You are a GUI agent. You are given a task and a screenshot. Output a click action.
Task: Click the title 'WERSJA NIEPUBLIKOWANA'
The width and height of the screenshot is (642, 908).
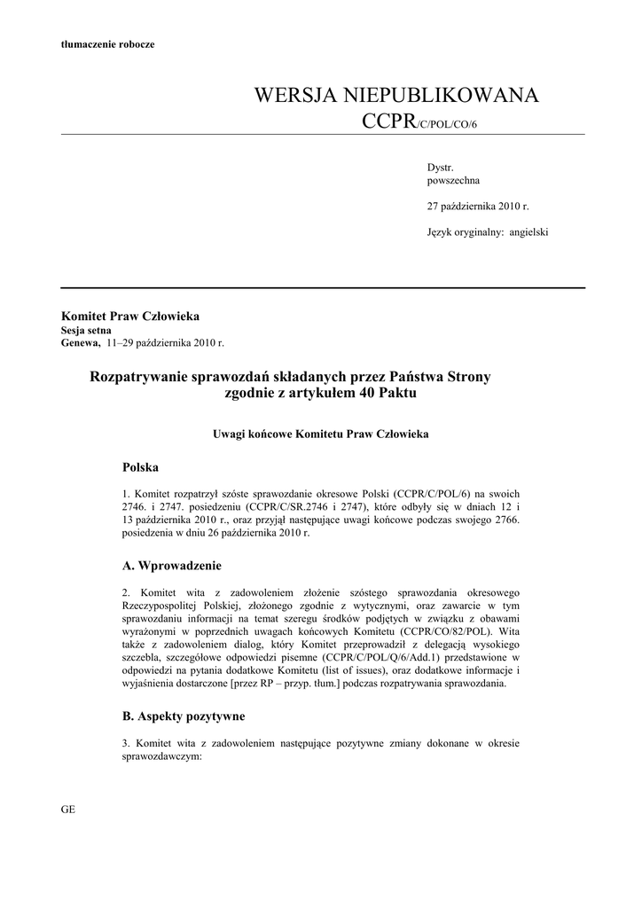(395, 96)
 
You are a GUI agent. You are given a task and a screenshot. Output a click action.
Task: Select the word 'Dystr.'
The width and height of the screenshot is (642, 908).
(441, 167)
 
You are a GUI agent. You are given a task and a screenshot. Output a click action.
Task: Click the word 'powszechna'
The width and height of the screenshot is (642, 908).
(453, 179)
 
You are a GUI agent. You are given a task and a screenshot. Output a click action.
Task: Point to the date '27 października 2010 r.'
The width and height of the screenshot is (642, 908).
(478, 206)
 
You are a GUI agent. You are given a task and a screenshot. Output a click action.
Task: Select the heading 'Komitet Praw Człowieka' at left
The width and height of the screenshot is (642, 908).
(129, 316)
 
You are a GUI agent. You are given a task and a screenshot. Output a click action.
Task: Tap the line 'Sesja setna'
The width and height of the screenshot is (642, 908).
(86, 329)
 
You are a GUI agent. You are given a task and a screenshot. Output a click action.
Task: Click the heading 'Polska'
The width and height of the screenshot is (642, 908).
(140, 466)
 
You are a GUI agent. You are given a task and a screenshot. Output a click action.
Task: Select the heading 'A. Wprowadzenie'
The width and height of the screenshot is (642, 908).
(172, 566)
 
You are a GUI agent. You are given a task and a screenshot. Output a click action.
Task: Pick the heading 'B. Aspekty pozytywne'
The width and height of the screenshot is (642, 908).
(184, 715)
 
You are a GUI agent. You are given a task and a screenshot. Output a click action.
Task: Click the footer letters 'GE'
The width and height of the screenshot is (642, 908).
(67, 810)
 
